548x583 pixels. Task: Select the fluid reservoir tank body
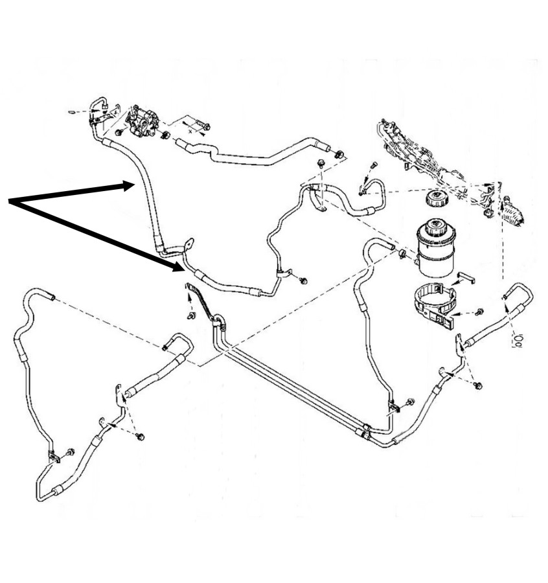433,249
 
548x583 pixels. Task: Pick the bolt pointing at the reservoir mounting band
479,312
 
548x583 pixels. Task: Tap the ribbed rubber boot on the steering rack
518,213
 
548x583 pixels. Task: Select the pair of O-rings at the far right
517,339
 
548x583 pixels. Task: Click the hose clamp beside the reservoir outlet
402,253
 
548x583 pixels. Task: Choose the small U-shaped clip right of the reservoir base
467,279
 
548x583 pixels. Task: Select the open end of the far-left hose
51,297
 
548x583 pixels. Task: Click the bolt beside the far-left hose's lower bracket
70,451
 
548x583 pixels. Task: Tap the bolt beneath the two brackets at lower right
477,386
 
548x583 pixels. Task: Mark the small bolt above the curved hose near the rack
374,166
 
